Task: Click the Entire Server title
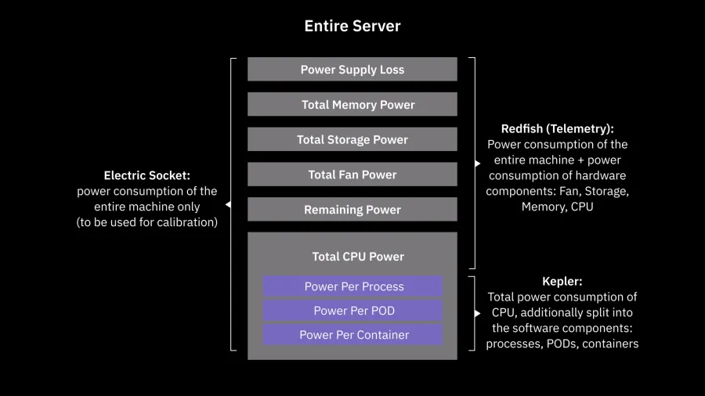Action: [352, 26]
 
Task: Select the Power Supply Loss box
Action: [352, 70]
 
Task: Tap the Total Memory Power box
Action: [352, 105]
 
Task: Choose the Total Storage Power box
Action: [352, 139]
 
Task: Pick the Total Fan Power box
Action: [352, 175]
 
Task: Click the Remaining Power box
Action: [352, 210]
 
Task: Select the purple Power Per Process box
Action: [353, 286]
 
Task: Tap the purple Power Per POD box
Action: [353, 311]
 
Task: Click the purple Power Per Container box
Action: [353, 335]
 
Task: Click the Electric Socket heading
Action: [146, 176]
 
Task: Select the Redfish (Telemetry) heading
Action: [557, 128]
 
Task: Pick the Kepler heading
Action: [562, 281]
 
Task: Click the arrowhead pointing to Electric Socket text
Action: [228, 205]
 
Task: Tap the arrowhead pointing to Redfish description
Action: [477, 164]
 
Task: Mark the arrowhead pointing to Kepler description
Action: [477, 313]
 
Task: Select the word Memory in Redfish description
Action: [542, 207]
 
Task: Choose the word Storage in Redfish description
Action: [606, 191]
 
